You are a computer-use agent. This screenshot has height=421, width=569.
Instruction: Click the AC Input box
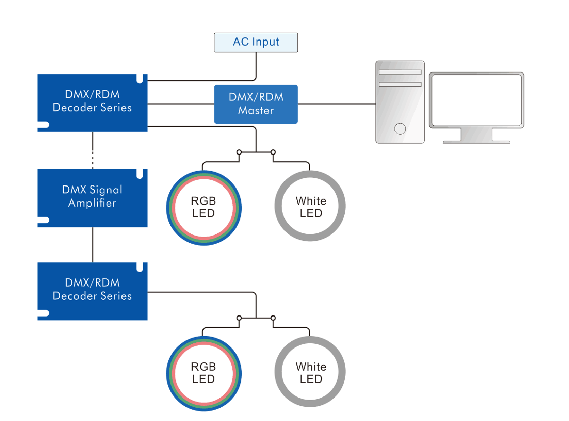pyautogui.click(x=256, y=42)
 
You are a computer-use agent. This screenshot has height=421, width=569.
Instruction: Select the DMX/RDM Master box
pyautogui.click(x=256, y=104)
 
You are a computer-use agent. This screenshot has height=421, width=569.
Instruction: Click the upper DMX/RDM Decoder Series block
pyautogui.click(x=92, y=102)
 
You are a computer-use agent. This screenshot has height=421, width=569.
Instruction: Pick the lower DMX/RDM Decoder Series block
pyautogui.click(x=92, y=291)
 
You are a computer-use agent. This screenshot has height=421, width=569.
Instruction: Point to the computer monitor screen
pyautogui.click(x=476, y=100)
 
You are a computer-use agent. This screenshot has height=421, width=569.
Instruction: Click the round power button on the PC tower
pyautogui.click(x=400, y=128)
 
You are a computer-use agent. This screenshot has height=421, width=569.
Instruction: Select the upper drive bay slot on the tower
pyautogui.click(x=400, y=72)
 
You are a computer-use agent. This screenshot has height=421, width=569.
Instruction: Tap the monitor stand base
pyautogui.click(x=476, y=141)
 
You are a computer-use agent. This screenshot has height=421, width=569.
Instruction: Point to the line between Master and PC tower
pyautogui.click(x=337, y=104)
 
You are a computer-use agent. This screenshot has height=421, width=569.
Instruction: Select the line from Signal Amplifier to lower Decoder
pyautogui.click(x=93, y=245)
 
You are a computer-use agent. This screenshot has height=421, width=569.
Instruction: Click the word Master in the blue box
pyautogui.click(x=256, y=111)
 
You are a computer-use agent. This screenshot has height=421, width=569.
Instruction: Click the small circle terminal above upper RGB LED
pyautogui.click(x=239, y=152)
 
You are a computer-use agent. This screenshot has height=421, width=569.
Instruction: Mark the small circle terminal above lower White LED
pyautogui.click(x=273, y=318)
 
